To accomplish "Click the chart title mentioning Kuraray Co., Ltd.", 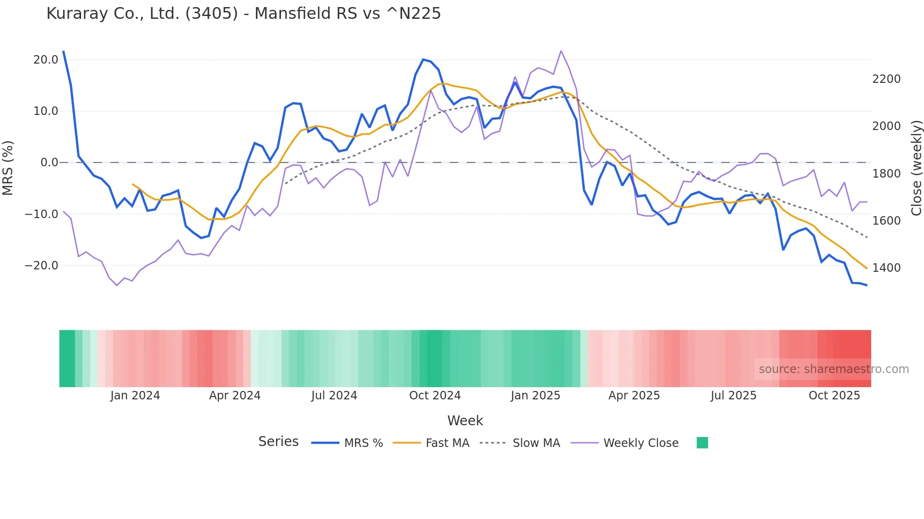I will [x=243, y=14].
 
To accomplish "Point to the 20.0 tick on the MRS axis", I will [x=46, y=60].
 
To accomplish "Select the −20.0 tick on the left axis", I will [x=41, y=266].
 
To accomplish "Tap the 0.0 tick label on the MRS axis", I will [x=49, y=162].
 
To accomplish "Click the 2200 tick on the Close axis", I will [x=886, y=79].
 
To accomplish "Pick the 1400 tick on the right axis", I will [x=886, y=268].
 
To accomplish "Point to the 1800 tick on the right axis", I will [x=886, y=174].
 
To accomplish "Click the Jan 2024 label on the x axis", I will [x=135, y=396].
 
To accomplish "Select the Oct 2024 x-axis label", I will [x=435, y=396].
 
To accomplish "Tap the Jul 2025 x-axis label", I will [x=734, y=396].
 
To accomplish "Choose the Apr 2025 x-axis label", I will [x=634, y=396].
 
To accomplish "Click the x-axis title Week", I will [x=465, y=421].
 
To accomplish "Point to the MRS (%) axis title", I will [x=8, y=168].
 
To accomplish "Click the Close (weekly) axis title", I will [x=916, y=168].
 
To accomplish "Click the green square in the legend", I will [x=702, y=443].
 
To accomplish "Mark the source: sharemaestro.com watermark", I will [x=833, y=369].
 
